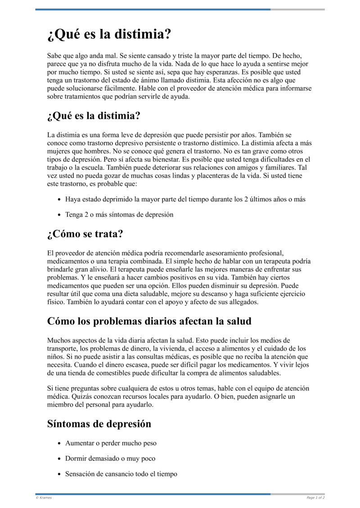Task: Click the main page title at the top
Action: (x=109, y=34)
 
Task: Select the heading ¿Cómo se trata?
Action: (x=85, y=234)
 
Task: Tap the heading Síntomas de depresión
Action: (x=99, y=423)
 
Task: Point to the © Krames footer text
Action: (x=44, y=498)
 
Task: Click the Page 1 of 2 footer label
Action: (x=315, y=498)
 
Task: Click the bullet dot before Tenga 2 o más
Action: (x=59, y=215)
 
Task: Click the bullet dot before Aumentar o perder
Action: (x=59, y=443)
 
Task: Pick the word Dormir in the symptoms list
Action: (x=76, y=459)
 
